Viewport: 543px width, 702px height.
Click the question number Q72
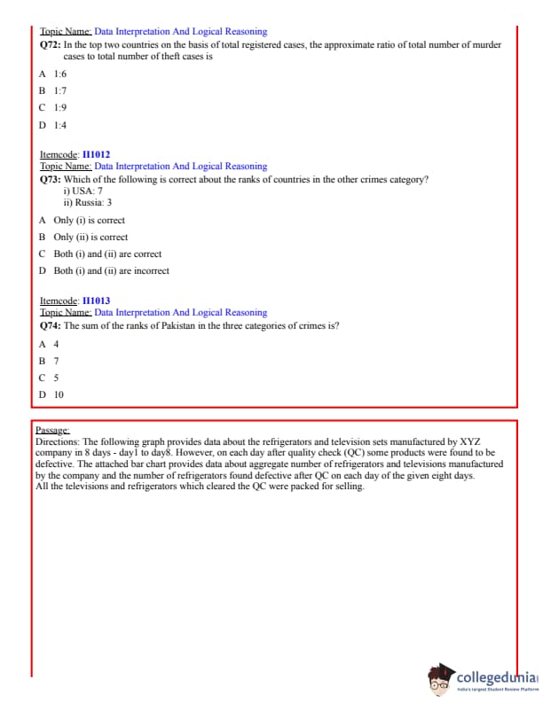point(51,44)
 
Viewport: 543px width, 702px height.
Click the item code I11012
point(96,154)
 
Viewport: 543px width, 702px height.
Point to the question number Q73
point(51,179)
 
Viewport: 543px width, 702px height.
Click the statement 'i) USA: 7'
point(83,191)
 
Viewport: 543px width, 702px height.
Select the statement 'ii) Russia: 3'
point(88,202)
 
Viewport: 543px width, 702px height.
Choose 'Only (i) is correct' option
point(89,220)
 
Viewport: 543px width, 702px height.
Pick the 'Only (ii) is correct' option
point(90,237)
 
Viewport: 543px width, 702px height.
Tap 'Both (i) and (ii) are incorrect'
point(111,270)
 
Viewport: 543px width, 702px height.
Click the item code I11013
point(96,300)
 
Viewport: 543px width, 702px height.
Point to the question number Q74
point(51,325)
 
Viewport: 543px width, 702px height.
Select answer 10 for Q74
point(59,394)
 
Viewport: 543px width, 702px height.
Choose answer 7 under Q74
point(56,361)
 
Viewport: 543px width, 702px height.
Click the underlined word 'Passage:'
point(52,429)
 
